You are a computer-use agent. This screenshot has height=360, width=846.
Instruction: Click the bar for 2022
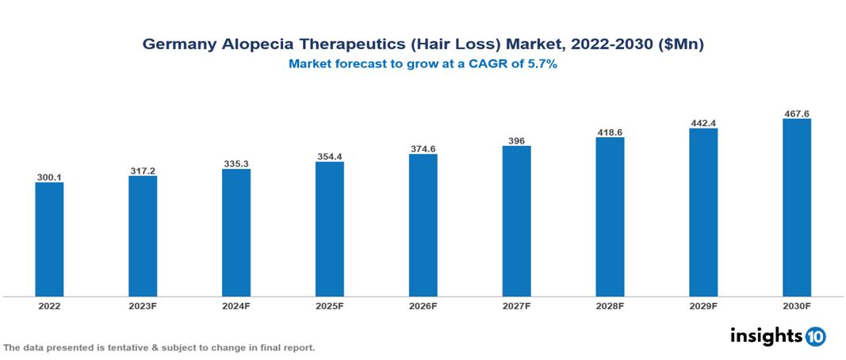49,239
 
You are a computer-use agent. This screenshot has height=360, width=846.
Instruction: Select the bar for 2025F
329,229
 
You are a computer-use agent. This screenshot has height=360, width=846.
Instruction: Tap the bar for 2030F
796,208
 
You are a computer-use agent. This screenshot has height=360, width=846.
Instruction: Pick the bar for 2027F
516,221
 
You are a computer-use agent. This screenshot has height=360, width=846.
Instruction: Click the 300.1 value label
49,177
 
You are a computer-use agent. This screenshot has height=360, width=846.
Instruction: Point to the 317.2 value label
143,170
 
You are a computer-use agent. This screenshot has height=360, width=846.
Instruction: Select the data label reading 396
516,140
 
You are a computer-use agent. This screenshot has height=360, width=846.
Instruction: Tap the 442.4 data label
703,123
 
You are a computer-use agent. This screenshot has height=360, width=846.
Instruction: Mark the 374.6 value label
423,148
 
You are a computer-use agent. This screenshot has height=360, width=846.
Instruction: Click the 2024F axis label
236,305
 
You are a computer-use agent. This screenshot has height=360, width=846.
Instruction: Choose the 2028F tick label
610,305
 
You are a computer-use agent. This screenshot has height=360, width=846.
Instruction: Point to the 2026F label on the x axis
423,305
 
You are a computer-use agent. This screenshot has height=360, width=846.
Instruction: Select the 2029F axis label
703,305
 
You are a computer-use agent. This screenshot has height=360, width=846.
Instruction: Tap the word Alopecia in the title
252,45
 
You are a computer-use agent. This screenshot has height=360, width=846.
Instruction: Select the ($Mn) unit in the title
681,45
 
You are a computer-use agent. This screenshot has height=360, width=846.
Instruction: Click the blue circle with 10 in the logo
816,336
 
